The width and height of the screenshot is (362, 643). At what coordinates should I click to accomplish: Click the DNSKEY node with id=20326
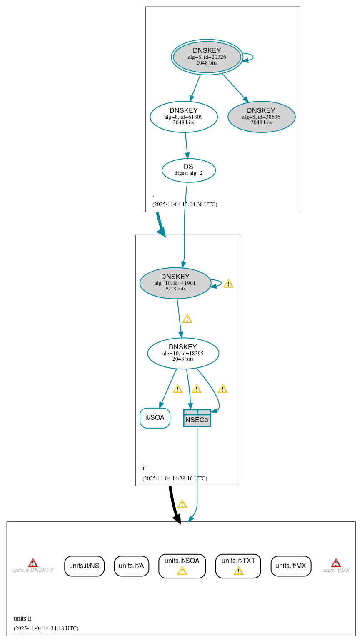pyautogui.click(x=207, y=57)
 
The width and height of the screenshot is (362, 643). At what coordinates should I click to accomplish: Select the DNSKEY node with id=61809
pyautogui.click(x=184, y=117)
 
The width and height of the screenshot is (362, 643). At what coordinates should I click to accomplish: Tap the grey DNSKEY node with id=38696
pyautogui.click(x=261, y=117)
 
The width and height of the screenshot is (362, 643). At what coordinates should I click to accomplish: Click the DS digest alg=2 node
pyautogui.click(x=189, y=170)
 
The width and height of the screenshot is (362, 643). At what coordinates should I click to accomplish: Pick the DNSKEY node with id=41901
pyautogui.click(x=175, y=283)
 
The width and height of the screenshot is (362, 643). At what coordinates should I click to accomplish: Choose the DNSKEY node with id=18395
pyautogui.click(x=183, y=353)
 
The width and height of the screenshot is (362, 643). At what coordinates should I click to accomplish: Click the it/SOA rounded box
pyautogui.click(x=155, y=418)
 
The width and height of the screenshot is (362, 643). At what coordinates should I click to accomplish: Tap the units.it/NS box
pyautogui.click(x=84, y=566)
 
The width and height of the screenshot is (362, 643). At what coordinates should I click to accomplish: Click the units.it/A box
pyautogui.click(x=131, y=566)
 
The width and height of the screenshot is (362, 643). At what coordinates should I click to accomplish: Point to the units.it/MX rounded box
pyautogui.click(x=291, y=566)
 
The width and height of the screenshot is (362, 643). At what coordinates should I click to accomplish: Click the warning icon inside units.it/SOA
pyautogui.click(x=182, y=571)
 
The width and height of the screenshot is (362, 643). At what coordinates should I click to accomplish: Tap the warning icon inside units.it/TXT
pyautogui.click(x=238, y=571)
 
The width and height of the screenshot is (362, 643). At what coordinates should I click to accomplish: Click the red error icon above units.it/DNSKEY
pyautogui.click(x=33, y=563)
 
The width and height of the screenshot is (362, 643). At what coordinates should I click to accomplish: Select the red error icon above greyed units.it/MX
pyautogui.click(x=336, y=563)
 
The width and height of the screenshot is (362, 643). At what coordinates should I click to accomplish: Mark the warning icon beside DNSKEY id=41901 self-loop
pyautogui.click(x=228, y=284)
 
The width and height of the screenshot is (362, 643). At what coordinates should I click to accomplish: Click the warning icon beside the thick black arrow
pyautogui.click(x=182, y=504)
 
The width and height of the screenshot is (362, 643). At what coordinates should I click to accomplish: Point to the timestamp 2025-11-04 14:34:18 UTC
pyautogui.click(x=46, y=628)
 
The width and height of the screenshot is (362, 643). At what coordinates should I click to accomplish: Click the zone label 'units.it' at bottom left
pyautogui.click(x=22, y=618)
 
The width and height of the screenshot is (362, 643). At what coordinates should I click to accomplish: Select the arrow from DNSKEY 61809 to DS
pyautogui.click(x=187, y=146)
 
